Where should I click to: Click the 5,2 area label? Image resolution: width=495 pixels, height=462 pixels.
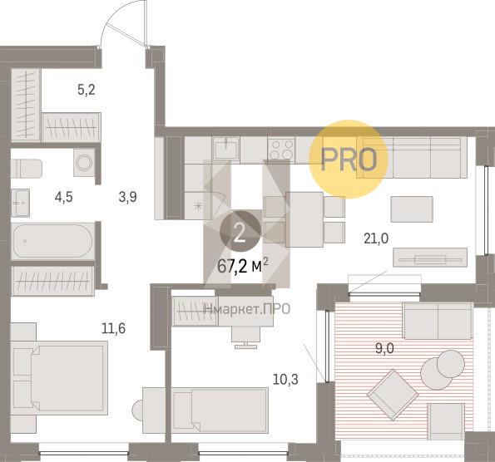pos(87,91)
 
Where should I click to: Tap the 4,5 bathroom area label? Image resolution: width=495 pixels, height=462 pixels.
pos(63,198)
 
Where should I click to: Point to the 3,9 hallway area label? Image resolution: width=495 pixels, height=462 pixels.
pos(128,198)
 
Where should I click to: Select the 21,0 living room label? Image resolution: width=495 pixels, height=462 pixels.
pos(376,238)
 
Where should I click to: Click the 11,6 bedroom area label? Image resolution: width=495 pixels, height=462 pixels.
pos(113,328)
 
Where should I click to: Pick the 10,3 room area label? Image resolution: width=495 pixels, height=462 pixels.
pos(285,380)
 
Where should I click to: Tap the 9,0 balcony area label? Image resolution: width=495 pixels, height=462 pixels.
pos(384,349)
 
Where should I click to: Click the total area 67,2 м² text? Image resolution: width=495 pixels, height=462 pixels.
pos(242,266)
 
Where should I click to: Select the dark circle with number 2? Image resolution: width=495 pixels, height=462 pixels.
pos(240,232)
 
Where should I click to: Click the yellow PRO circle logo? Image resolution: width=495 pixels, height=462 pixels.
pos(349,160)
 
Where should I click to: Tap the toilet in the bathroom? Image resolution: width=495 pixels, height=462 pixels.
pos(27,169)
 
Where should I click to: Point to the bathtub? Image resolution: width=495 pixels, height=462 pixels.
pos(53,241)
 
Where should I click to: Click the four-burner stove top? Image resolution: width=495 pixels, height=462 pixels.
pos(281,150)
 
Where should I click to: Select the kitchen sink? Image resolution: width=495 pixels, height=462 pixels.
pos(226,150)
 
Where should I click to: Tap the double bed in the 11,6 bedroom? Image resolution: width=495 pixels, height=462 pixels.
pos(59,377)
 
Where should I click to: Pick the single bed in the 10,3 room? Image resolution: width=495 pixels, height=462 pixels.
pos(220,410)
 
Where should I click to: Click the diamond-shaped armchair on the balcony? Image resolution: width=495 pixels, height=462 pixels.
pos(393,395)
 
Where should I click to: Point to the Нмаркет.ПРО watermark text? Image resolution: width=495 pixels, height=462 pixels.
pos(247,309)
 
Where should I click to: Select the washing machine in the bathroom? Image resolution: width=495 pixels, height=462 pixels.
pos(84,163)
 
